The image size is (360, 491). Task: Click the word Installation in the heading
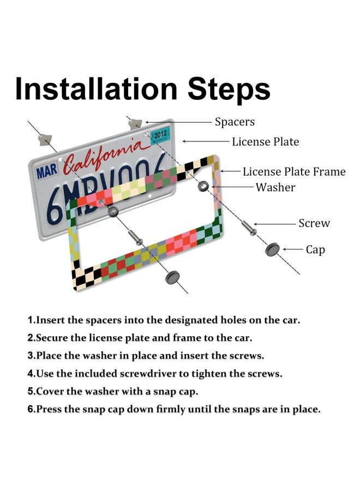pos(97,88)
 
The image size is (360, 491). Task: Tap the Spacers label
pos(235,122)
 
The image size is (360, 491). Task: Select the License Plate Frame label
pos(294,172)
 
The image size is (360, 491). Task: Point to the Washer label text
pos(275,187)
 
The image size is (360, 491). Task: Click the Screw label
pos(314,223)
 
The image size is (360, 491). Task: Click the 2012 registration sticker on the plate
pos(160,135)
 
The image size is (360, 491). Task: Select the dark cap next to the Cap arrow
pos(272,249)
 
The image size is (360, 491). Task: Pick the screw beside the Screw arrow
pos(249,227)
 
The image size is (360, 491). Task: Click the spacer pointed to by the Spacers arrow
pos(135,124)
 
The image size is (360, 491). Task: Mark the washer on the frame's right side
pos(203,187)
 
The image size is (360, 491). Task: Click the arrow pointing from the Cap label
pos(293,249)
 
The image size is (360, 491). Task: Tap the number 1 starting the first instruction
pos(31,320)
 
